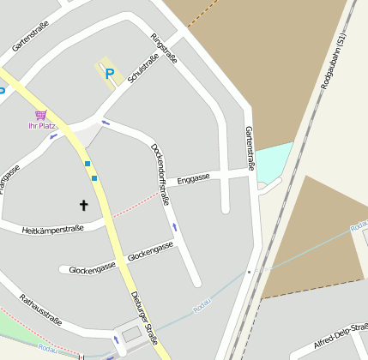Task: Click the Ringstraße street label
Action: point(164,49)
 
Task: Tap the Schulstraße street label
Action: point(142,69)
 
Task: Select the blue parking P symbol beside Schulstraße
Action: point(109,75)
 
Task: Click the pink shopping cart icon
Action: point(40,114)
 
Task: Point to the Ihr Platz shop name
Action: point(41,126)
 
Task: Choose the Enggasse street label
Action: point(193,179)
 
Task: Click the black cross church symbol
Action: point(84,205)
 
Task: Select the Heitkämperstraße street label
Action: point(52,230)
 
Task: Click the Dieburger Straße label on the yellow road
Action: point(145,317)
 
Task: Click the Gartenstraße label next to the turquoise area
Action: point(250,147)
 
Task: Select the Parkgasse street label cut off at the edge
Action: point(9,179)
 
